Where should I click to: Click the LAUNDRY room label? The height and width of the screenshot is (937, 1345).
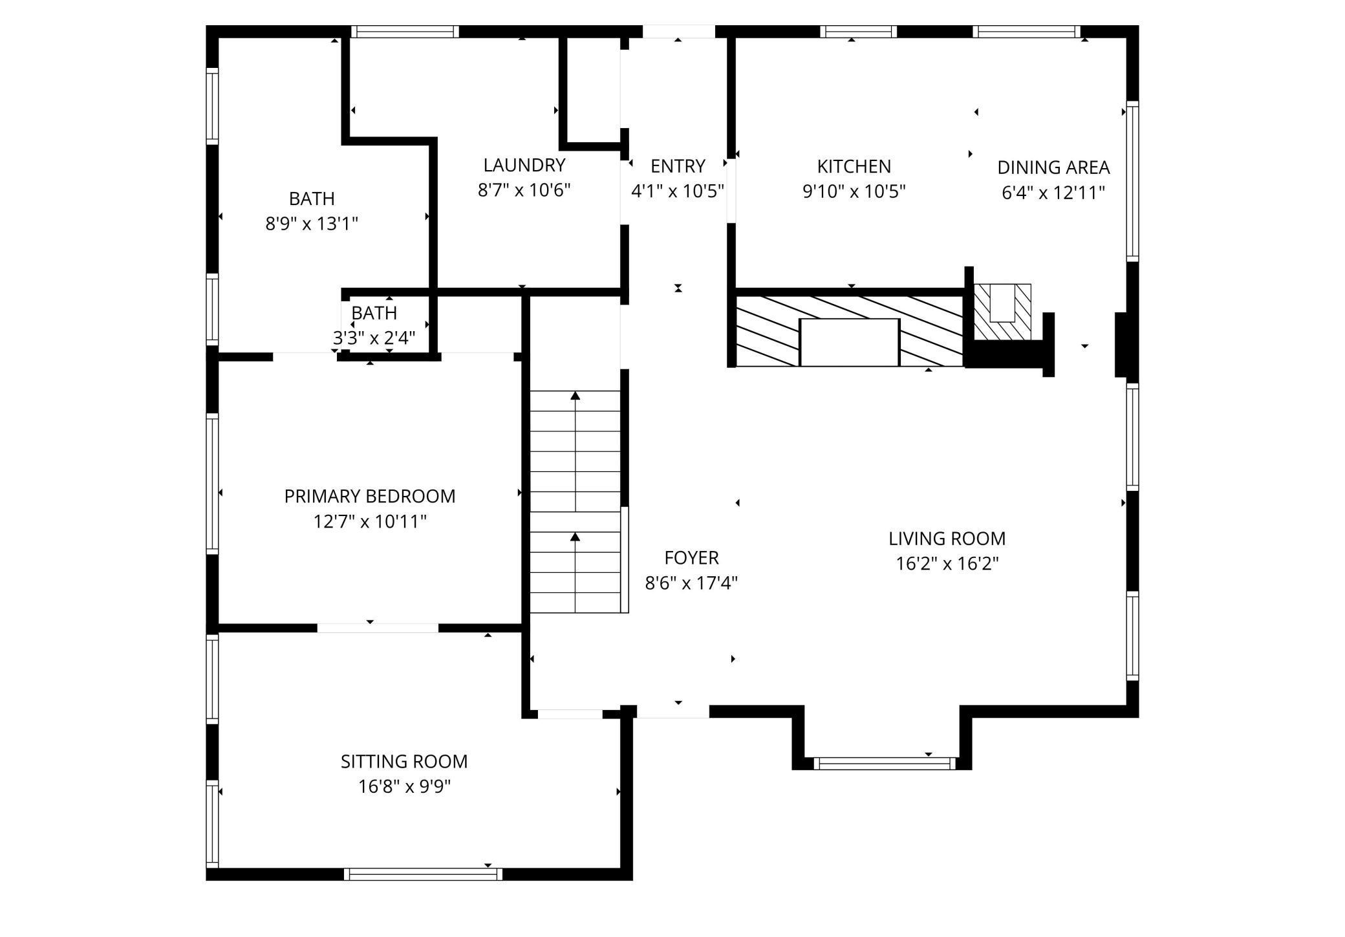pyautogui.click(x=524, y=166)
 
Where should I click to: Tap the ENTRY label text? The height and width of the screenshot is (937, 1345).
pyautogui.click(x=678, y=167)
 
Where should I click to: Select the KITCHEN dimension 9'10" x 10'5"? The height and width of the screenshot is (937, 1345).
pyautogui.click(x=854, y=192)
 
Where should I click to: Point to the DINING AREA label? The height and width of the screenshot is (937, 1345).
pyautogui.click(x=1053, y=167)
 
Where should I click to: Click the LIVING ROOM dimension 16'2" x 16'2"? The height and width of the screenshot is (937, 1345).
pyautogui.click(x=947, y=564)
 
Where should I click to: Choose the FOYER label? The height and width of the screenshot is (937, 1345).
pyautogui.click(x=691, y=558)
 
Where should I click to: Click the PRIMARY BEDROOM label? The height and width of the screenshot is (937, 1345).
pyautogui.click(x=370, y=497)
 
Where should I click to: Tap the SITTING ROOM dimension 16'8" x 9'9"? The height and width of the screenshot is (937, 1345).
pyautogui.click(x=404, y=787)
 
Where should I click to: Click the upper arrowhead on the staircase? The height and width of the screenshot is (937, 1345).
pyautogui.click(x=575, y=395)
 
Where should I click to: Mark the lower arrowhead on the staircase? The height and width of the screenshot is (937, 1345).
pyautogui.click(x=575, y=537)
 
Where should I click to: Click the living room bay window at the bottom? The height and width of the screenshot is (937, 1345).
pyautogui.click(x=884, y=763)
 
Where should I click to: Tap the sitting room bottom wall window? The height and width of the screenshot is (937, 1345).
pyautogui.click(x=423, y=874)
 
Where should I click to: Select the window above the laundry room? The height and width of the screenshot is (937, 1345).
pyautogui.click(x=405, y=32)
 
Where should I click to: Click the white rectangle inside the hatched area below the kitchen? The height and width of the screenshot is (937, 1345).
pyautogui.click(x=849, y=343)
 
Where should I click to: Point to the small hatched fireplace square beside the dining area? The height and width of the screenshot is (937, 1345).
pyautogui.click(x=1002, y=312)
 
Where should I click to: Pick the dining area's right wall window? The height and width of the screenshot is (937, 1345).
pyautogui.click(x=1132, y=181)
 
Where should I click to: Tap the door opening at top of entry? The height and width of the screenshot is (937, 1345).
pyautogui.click(x=678, y=32)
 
